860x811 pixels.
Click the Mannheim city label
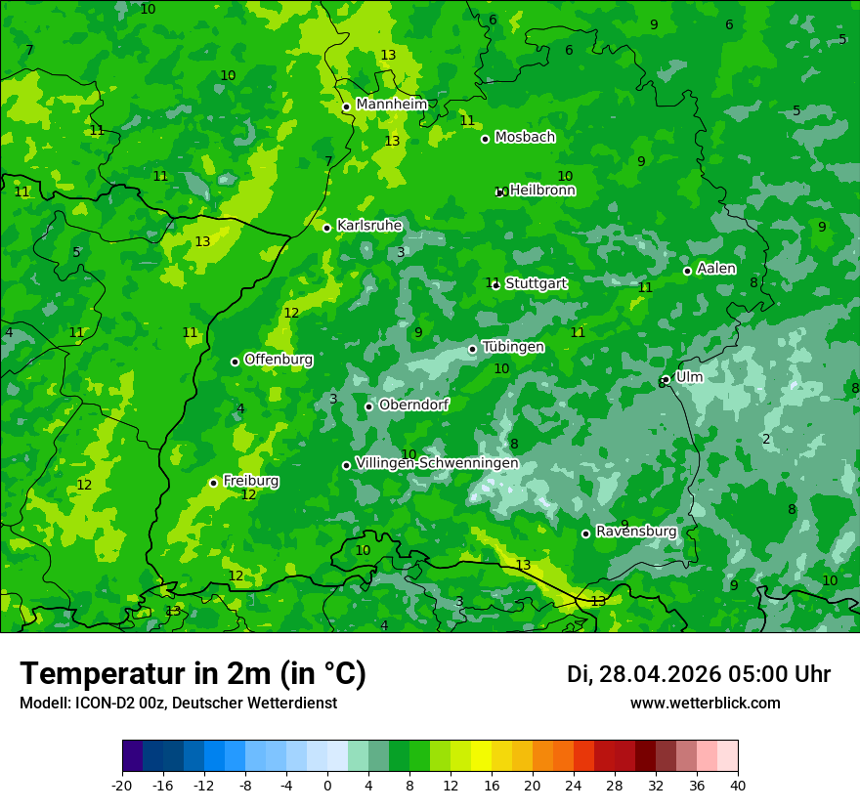[391, 104]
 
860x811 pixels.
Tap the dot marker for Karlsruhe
[326, 228]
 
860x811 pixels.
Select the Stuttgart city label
[536, 283]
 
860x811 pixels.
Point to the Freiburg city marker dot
[213, 483]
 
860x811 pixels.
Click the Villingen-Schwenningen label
[437, 462]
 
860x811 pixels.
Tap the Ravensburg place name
[635, 531]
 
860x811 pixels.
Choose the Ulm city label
[689, 376]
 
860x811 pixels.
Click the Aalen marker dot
[687, 271]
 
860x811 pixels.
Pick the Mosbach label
[525, 137]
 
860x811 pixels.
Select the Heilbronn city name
[542, 190]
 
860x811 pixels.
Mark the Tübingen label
[513, 347]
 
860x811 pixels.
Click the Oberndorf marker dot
[368, 406]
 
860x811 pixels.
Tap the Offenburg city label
[279, 359]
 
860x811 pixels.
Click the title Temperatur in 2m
[193, 673]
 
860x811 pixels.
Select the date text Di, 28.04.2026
[643, 674]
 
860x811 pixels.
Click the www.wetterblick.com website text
[705, 703]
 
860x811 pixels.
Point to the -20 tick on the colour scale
[122, 785]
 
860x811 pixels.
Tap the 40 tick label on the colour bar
[738, 785]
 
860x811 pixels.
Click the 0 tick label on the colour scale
[327, 785]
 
